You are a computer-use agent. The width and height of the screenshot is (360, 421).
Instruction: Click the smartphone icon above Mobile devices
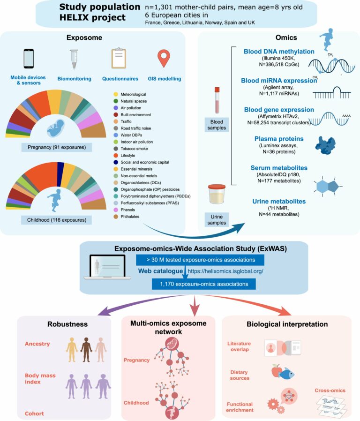[29, 59]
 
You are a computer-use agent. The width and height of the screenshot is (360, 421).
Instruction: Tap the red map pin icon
[164, 58]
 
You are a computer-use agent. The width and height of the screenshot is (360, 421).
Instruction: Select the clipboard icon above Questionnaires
[119, 58]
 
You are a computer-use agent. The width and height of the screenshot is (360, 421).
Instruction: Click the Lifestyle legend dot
[116, 156]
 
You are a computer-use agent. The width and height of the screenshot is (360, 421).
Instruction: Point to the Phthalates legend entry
[127, 217]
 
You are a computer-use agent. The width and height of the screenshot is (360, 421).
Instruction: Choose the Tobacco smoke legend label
[134, 149]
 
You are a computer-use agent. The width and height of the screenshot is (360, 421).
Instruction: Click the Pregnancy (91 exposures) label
[57, 147]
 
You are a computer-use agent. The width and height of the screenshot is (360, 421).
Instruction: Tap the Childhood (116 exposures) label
[57, 220]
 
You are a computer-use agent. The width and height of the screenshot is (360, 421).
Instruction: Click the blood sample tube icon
[217, 100]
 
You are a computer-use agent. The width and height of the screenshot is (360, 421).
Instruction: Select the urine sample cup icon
[217, 194]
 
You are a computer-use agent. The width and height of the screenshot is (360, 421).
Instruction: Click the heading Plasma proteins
[279, 139]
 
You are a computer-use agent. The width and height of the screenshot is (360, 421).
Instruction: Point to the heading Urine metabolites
[279, 202]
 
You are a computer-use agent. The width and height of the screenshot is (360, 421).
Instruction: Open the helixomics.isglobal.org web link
[225, 271]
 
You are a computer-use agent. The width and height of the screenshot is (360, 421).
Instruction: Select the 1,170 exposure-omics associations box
[204, 284]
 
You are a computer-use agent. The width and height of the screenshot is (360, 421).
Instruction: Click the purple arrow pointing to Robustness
[140, 301]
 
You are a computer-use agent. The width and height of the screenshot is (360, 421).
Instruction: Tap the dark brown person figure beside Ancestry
[86, 350]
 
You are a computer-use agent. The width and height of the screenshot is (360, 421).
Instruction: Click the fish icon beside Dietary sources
[286, 374]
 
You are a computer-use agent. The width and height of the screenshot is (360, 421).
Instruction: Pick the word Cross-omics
[330, 391]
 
